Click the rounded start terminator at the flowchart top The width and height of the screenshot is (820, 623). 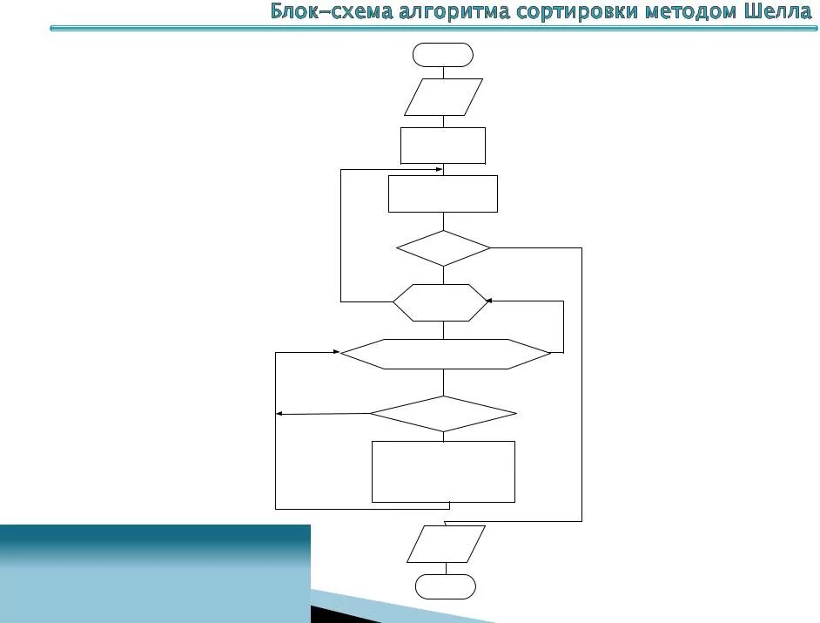(443, 55)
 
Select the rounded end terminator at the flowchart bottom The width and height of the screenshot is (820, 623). (445, 586)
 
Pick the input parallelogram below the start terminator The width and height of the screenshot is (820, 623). (443, 97)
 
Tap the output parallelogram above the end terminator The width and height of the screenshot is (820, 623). (446, 544)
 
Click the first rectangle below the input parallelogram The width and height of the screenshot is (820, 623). (443, 146)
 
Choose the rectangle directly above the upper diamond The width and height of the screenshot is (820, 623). (443, 193)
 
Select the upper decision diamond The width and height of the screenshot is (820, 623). (443, 248)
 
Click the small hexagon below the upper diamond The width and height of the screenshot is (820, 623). (440, 302)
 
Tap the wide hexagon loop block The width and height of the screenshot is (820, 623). (445, 354)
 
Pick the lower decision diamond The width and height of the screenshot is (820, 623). (443, 414)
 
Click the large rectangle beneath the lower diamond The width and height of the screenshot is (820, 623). (443, 471)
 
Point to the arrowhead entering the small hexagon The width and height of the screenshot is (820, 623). (489, 301)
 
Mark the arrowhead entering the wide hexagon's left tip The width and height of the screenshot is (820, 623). (335, 352)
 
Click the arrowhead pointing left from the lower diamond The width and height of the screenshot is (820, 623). (279, 415)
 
